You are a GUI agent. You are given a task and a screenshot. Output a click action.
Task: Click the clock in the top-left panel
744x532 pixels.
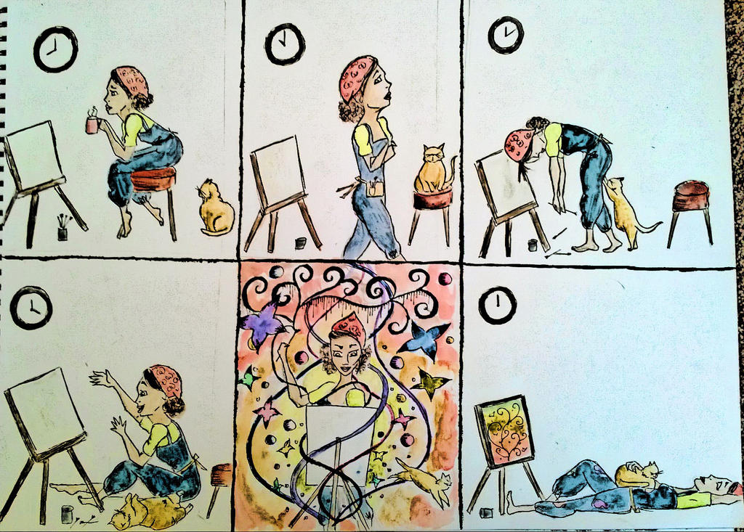pyautogui.click(x=55, y=49)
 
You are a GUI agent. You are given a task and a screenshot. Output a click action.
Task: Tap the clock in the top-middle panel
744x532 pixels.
pyautogui.click(x=285, y=44)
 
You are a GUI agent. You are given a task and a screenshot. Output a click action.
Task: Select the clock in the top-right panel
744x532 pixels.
pyautogui.click(x=505, y=35)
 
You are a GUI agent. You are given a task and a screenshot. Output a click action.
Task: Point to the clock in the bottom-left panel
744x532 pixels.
pyautogui.click(x=31, y=308)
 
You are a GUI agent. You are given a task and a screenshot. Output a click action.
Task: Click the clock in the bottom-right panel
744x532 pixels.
pyautogui.click(x=498, y=305)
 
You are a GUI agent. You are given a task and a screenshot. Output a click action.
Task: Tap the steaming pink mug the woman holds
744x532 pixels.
pyautogui.click(x=92, y=125)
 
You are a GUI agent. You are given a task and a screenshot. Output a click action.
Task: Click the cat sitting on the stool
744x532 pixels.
pyautogui.click(x=432, y=171)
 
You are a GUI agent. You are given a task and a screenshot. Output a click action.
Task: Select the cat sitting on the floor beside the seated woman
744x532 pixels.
pyautogui.click(x=215, y=210)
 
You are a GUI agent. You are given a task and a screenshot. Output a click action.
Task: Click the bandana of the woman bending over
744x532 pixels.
pyautogui.click(x=518, y=144)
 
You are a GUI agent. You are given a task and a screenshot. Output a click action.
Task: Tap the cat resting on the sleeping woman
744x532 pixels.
pyautogui.click(x=638, y=475)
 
